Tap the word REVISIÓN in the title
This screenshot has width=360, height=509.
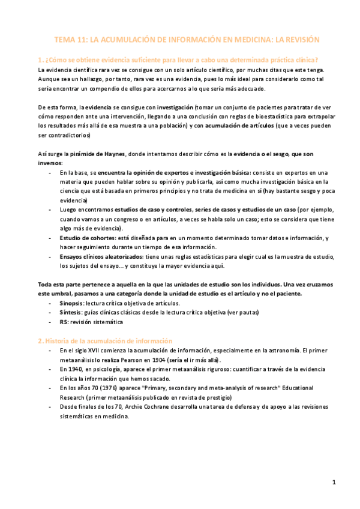click(298, 40)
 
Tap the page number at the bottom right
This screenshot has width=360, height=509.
click(334, 483)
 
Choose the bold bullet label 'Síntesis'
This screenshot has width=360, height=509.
click(71, 313)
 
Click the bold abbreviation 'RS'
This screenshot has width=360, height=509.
click(64, 322)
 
